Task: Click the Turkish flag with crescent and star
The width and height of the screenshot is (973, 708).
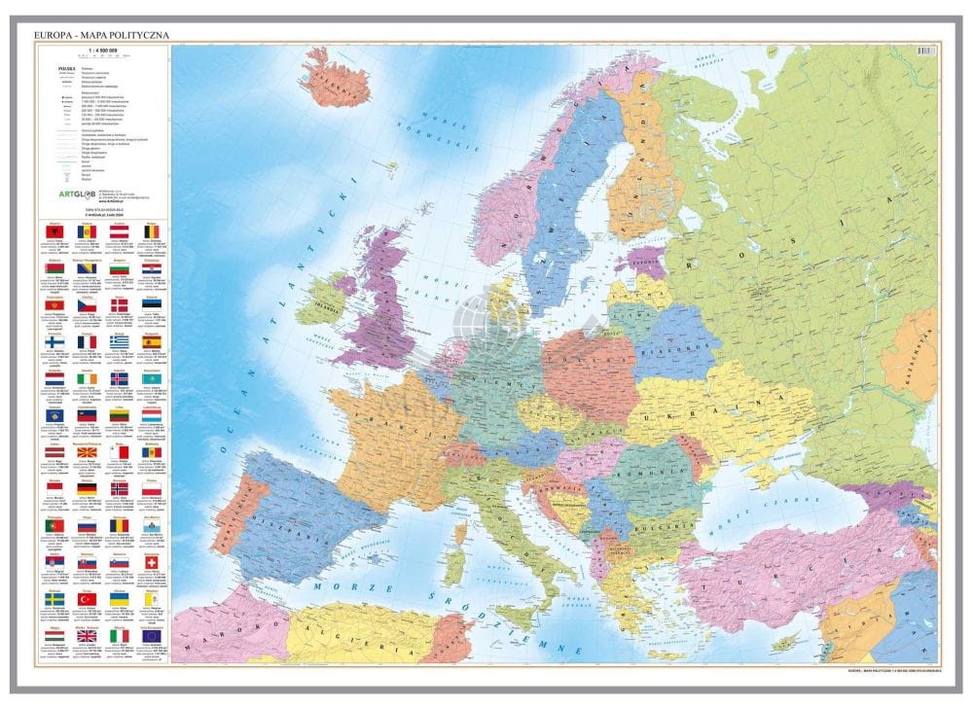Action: pyautogui.click(x=88, y=600)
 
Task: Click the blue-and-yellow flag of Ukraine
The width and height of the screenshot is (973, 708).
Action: pyautogui.click(x=119, y=600)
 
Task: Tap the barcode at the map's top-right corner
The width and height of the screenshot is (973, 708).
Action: pyautogui.click(x=917, y=49)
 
